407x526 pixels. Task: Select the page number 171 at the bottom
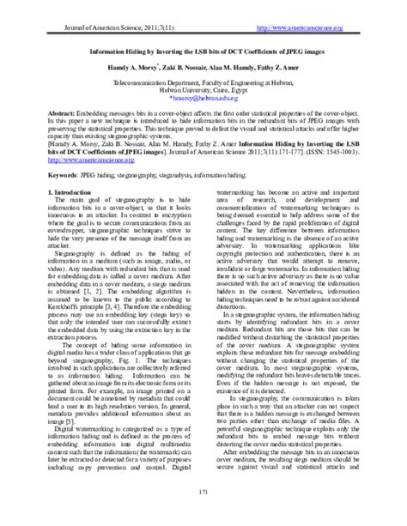(203, 512)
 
